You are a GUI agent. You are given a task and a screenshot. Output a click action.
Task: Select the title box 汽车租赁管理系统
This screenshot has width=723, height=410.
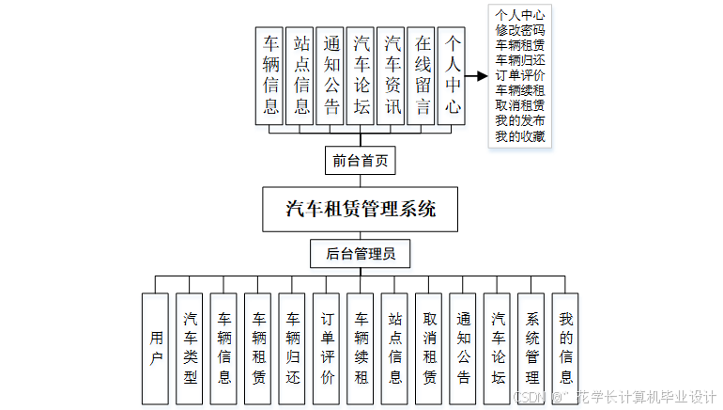(x=361, y=209)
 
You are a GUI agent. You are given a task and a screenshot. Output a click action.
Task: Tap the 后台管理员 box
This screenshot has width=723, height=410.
(x=361, y=253)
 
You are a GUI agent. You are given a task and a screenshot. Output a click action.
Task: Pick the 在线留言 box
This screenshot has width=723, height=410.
(x=422, y=75)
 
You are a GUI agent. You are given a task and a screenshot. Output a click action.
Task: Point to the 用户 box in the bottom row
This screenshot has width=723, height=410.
(x=156, y=348)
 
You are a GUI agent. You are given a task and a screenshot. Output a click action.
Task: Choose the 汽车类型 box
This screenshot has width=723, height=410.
(x=190, y=348)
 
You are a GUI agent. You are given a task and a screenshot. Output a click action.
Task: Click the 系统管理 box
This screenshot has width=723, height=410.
(x=531, y=348)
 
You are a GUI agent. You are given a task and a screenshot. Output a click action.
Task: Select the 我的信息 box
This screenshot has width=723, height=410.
(x=565, y=348)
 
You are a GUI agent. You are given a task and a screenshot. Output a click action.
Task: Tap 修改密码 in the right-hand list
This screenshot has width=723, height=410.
(x=519, y=30)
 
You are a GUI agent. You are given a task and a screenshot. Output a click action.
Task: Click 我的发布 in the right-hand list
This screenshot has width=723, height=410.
(x=519, y=122)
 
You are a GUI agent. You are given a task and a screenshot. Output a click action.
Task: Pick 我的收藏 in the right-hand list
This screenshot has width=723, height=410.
(x=519, y=137)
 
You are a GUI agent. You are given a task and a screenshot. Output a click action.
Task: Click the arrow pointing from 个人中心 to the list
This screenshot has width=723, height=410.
(x=478, y=76)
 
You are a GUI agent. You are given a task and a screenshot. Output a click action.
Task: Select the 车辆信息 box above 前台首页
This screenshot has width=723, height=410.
(x=270, y=75)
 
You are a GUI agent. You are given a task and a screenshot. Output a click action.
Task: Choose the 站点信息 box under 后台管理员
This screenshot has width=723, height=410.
(x=395, y=348)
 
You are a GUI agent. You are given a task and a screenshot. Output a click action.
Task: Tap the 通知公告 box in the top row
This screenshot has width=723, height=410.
(x=331, y=75)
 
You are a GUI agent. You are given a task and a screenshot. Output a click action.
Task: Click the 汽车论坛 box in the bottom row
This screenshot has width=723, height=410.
(x=498, y=348)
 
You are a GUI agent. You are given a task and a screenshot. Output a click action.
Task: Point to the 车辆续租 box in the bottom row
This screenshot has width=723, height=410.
(x=361, y=348)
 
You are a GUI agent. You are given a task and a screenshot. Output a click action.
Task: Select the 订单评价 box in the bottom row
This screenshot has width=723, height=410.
(x=327, y=348)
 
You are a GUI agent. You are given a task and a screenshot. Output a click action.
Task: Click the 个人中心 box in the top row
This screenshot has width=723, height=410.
(x=452, y=75)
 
